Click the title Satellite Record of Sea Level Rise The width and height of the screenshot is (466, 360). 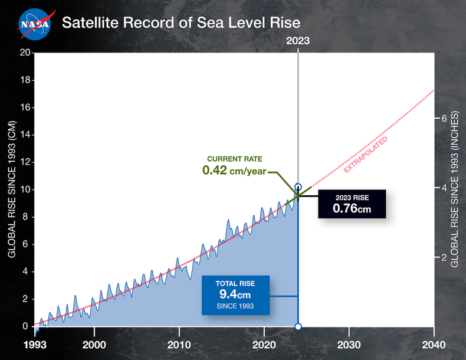(181, 23)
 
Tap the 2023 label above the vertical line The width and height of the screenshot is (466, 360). (298, 41)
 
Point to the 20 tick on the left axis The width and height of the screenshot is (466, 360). (24, 53)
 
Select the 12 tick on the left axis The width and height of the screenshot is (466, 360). (24, 162)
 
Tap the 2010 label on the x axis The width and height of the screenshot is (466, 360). (179, 345)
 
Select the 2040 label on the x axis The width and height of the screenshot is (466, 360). (434, 345)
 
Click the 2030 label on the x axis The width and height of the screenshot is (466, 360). (349, 345)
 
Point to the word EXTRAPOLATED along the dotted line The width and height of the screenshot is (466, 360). (366, 155)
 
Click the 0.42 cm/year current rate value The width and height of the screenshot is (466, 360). (234, 171)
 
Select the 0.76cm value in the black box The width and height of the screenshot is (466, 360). (352, 208)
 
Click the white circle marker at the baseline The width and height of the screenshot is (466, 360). (298, 326)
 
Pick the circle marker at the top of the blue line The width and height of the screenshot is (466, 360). (298, 186)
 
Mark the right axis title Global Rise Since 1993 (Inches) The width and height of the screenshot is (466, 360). (455, 189)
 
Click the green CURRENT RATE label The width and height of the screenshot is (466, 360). (234, 159)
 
